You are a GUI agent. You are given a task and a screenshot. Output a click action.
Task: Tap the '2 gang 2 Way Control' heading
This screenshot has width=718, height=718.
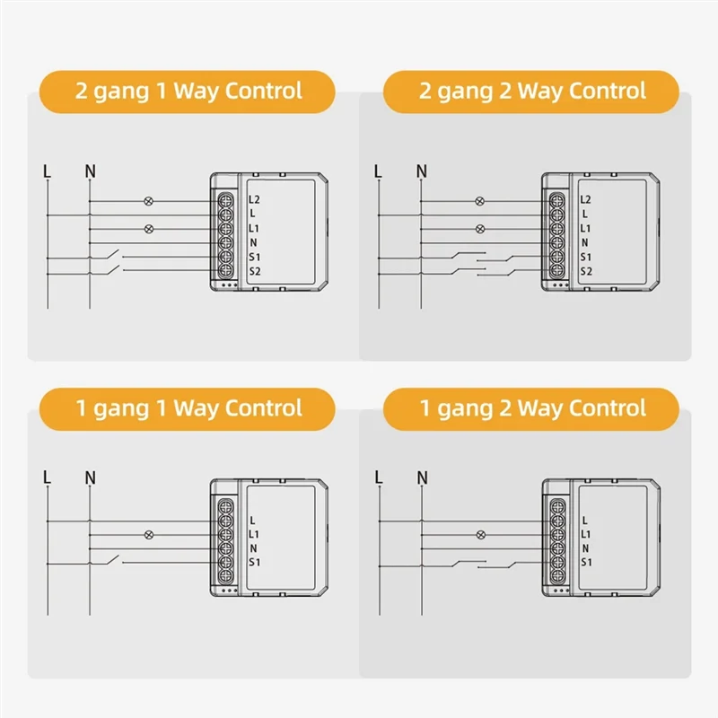tap(531, 91)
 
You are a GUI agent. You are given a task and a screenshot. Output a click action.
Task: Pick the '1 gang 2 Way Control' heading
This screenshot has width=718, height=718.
tap(531, 408)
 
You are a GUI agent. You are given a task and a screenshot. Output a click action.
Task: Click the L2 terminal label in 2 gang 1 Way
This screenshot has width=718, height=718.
tap(254, 199)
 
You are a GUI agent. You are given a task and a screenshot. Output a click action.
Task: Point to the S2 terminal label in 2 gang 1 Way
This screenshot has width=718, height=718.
tap(254, 271)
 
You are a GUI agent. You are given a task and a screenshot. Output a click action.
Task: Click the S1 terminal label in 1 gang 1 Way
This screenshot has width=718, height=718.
tap(254, 563)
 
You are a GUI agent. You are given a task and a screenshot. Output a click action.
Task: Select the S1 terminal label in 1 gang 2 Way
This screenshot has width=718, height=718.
tap(585, 563)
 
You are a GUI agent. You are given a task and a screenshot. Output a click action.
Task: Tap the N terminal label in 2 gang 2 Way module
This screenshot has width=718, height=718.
tap(585, 242)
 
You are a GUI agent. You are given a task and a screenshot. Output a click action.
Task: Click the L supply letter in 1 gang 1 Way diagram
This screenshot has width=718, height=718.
tap(47, 477)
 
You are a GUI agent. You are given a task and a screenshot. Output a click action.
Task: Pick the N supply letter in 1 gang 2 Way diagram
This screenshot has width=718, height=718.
tap(421, 477)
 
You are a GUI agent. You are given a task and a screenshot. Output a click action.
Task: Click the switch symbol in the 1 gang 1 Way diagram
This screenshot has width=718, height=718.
tap(112, 561)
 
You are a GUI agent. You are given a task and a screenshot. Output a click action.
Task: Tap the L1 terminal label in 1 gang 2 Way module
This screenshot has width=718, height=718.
tap(585, 534)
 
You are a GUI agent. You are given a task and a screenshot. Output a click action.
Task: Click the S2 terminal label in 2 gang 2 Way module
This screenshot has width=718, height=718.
tap(585, 271)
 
